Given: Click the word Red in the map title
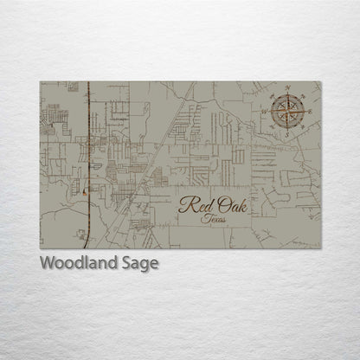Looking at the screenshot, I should (x=194, y=206).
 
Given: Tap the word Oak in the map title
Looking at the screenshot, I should (x=228, y=206).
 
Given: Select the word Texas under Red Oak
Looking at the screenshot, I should (x=209, y=222).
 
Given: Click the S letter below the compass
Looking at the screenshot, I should (x=286, y=135).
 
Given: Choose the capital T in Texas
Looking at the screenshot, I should (x=201, y=222).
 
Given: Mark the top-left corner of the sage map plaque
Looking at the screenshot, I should (x=40, y=82).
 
